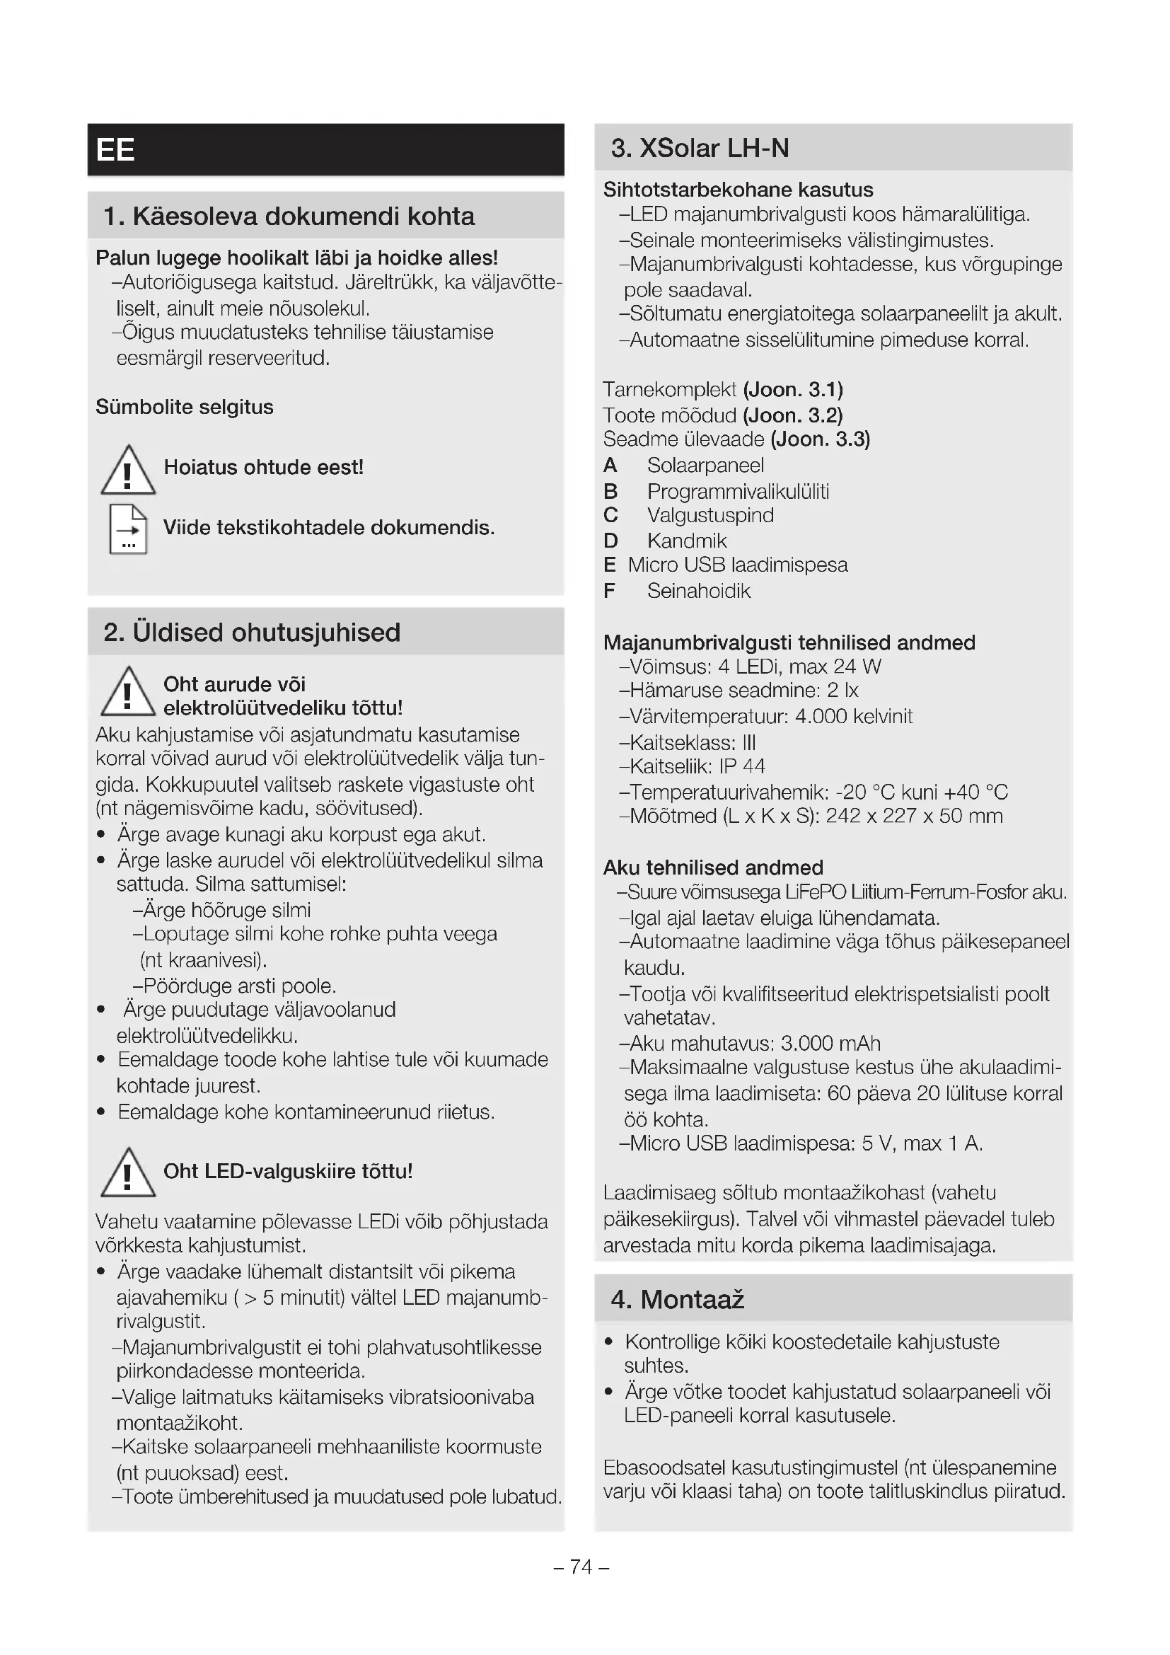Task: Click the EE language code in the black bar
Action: [x=115, y=150]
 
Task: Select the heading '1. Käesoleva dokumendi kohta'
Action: [x=289, y=217]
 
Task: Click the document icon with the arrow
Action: [x=128, y=529]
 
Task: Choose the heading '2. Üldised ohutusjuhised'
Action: [x=251, y=632]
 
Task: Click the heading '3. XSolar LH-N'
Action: [x=700, y=149]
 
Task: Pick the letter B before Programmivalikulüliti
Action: [x=610, y=492]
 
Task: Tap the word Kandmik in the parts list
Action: [x=687, y=541]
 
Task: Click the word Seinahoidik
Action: [x=698, y=591]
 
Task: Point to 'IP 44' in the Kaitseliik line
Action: [x=742, y=766]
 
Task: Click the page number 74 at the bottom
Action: [x=581, y=1567]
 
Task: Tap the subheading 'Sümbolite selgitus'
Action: [x=185, y=408]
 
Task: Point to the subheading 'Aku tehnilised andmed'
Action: [x=712, y=867]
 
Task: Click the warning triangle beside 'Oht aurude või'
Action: [x=127, y=693]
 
